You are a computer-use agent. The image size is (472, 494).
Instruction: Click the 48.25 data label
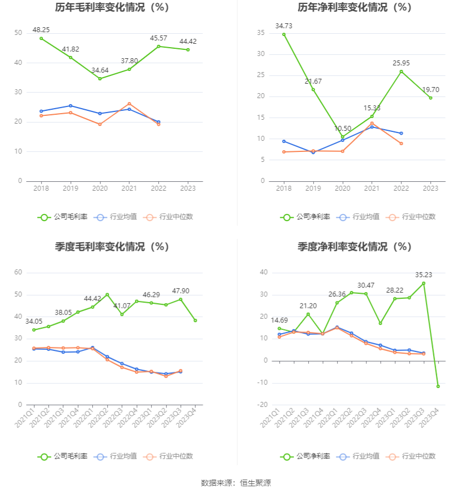point(41,29)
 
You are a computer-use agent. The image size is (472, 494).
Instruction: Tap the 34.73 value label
point(284,26)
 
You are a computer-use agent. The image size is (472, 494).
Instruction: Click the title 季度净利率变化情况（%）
point(354,247)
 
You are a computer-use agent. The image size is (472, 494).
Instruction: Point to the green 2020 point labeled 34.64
point(100,79)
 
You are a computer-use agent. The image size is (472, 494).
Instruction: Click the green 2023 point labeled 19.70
point(430,98)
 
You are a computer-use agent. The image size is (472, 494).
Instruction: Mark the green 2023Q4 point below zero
point(438,386)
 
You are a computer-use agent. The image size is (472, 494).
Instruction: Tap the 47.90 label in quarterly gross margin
point(180,291)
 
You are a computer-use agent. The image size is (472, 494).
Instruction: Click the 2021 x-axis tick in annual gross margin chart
point(129,189)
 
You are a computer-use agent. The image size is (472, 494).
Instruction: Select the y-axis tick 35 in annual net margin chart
point(260,33)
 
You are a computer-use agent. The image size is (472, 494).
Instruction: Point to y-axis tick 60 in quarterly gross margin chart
point(18,272)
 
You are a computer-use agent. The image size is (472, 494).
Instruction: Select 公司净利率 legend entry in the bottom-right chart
point(305,456)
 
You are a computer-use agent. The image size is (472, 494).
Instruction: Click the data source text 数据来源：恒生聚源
point(236,483)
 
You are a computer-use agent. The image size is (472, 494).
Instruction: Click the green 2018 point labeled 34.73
point(284,34)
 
